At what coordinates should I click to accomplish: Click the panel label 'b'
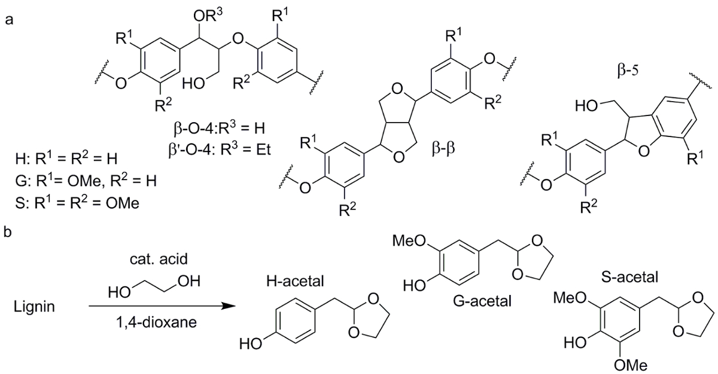[8, 231]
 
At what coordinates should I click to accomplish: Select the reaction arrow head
[226, 306]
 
